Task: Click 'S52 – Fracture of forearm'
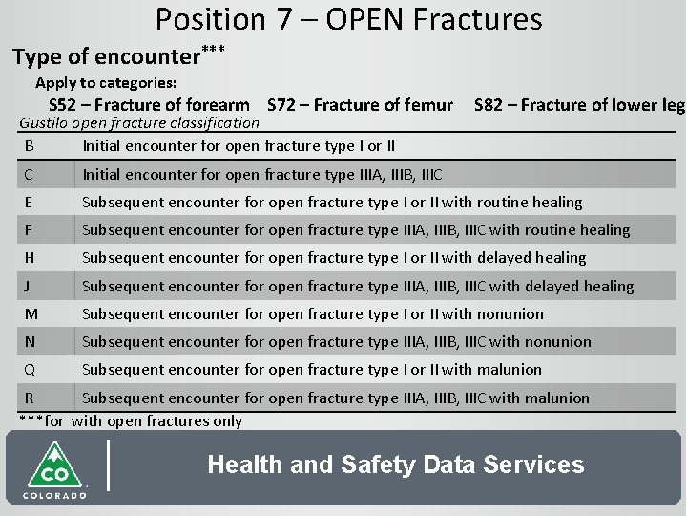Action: [149, 105]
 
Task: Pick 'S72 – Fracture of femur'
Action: [360, 105]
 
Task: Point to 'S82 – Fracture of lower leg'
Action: [578, 105]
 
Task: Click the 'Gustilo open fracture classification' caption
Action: [139, 122]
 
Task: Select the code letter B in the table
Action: [31, 146]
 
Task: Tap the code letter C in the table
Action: [31, 174]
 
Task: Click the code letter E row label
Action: [31, 202]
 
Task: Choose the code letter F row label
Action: [31, 229]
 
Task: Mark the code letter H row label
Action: [31, 257]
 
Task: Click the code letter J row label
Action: [31, 286]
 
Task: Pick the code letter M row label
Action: [31, 313]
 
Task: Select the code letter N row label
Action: [31, 341]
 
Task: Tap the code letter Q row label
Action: [31, 369]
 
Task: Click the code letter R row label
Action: [31, 398]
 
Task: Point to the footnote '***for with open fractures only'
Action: [131, 420]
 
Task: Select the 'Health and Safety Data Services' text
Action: [395, 465]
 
